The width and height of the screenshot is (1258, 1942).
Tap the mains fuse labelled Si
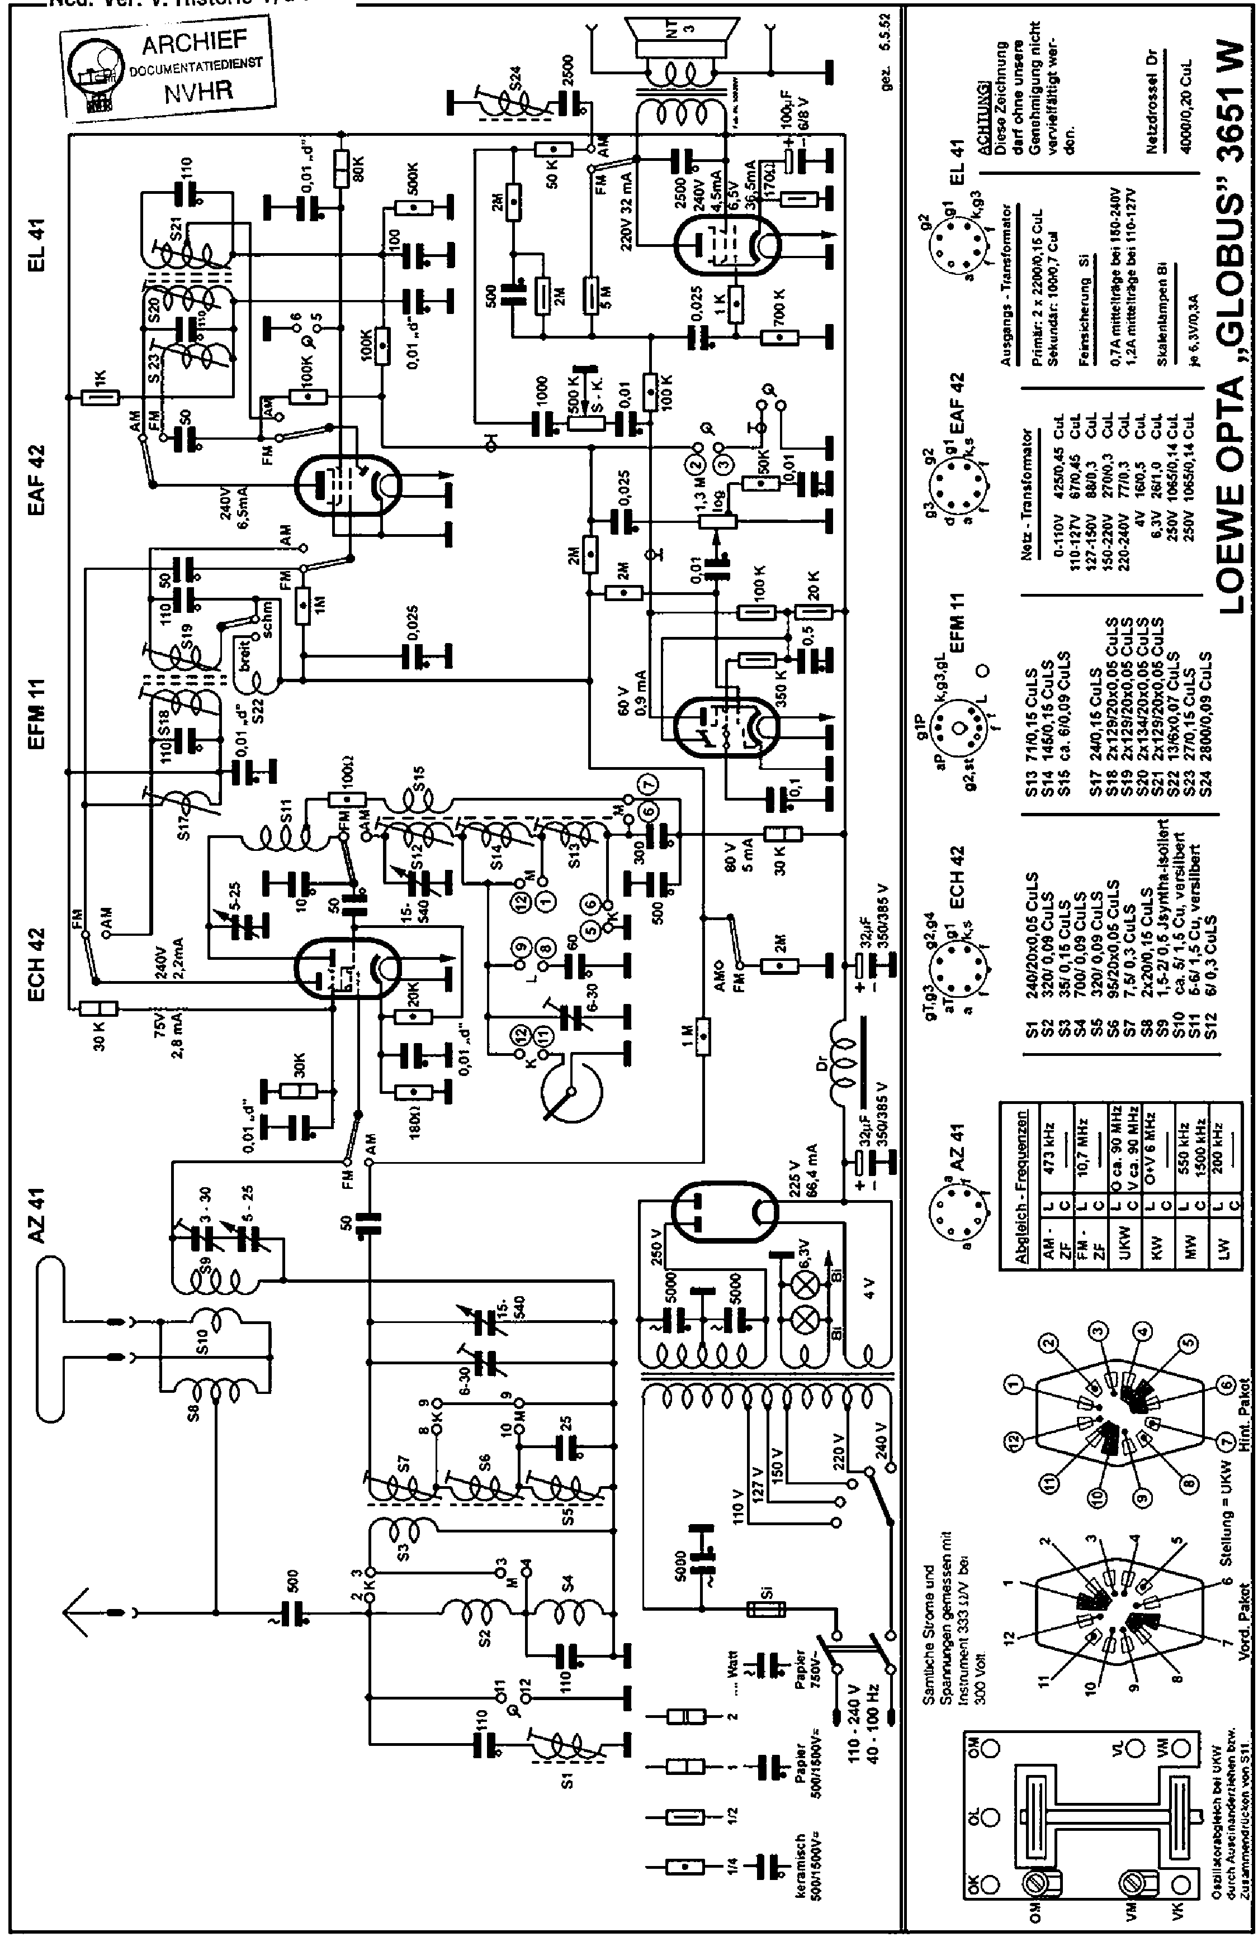pyautogui.click(x=767, y=1607)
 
